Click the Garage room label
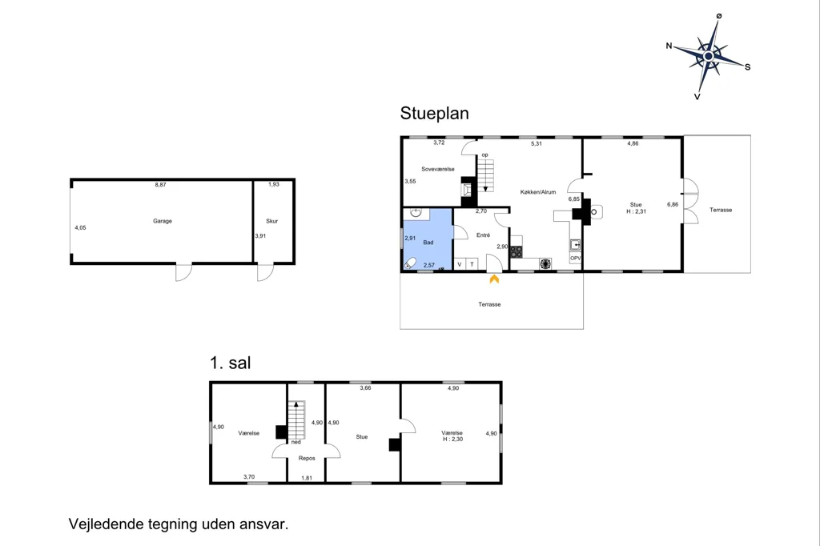162,221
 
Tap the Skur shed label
272,221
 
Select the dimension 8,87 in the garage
160,185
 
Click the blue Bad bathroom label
428,243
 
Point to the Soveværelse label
438,170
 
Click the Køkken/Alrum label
538,192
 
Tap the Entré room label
483,235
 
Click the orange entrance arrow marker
494,279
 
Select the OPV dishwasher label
575,259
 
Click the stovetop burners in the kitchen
517,251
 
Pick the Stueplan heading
435,114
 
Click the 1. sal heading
230,363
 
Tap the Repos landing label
307,459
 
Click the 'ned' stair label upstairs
296,443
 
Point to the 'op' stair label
484,155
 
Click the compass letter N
669,46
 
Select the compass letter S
748,67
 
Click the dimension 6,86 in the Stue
673,204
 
